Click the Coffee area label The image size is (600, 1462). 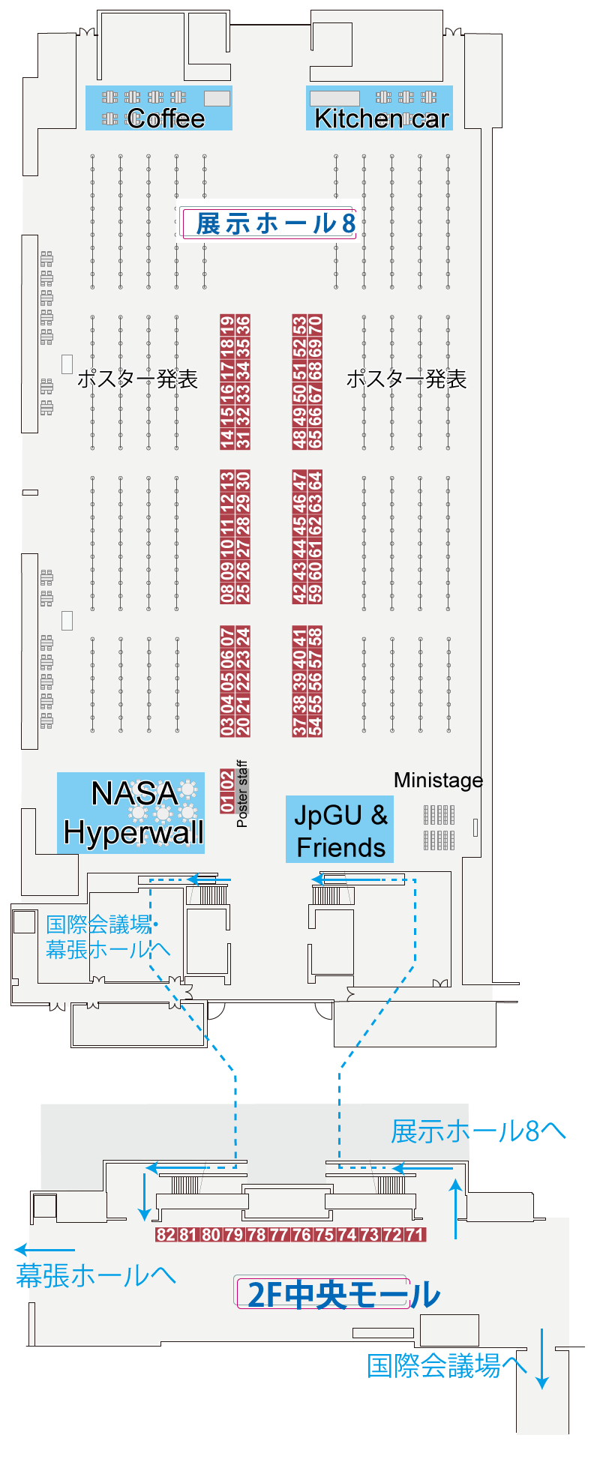(x=166, y=118)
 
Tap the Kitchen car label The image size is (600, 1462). (x=382, y=118)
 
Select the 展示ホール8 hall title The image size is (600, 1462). (x=275, y=223)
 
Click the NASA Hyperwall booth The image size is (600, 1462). (x=131, y=813)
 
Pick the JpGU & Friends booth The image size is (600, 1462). (x=340, y=830)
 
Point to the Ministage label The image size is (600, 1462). (x=438, y=780)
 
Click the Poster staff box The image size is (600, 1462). (x=241, y=794)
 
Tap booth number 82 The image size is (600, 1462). (x=166, y=1235)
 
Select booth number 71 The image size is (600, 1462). (x=415, y=1235)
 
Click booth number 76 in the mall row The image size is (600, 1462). (x=301, y=1235)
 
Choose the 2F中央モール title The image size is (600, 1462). (x=343, y=1295)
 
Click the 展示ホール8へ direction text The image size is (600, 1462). (x=478, y=1132)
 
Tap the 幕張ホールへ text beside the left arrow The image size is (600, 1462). (x=96, y=1275)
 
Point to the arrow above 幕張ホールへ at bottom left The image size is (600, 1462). (x=45, y=1250)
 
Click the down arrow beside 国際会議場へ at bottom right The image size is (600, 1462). (x=542, y=1359)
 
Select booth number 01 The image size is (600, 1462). (x=227, y=804)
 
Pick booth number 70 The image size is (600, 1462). (x=316, y=325)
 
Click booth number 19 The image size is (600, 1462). (x=227, y=325)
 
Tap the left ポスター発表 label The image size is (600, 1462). (x=137, y=379)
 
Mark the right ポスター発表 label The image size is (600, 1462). (x=406, y=379)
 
